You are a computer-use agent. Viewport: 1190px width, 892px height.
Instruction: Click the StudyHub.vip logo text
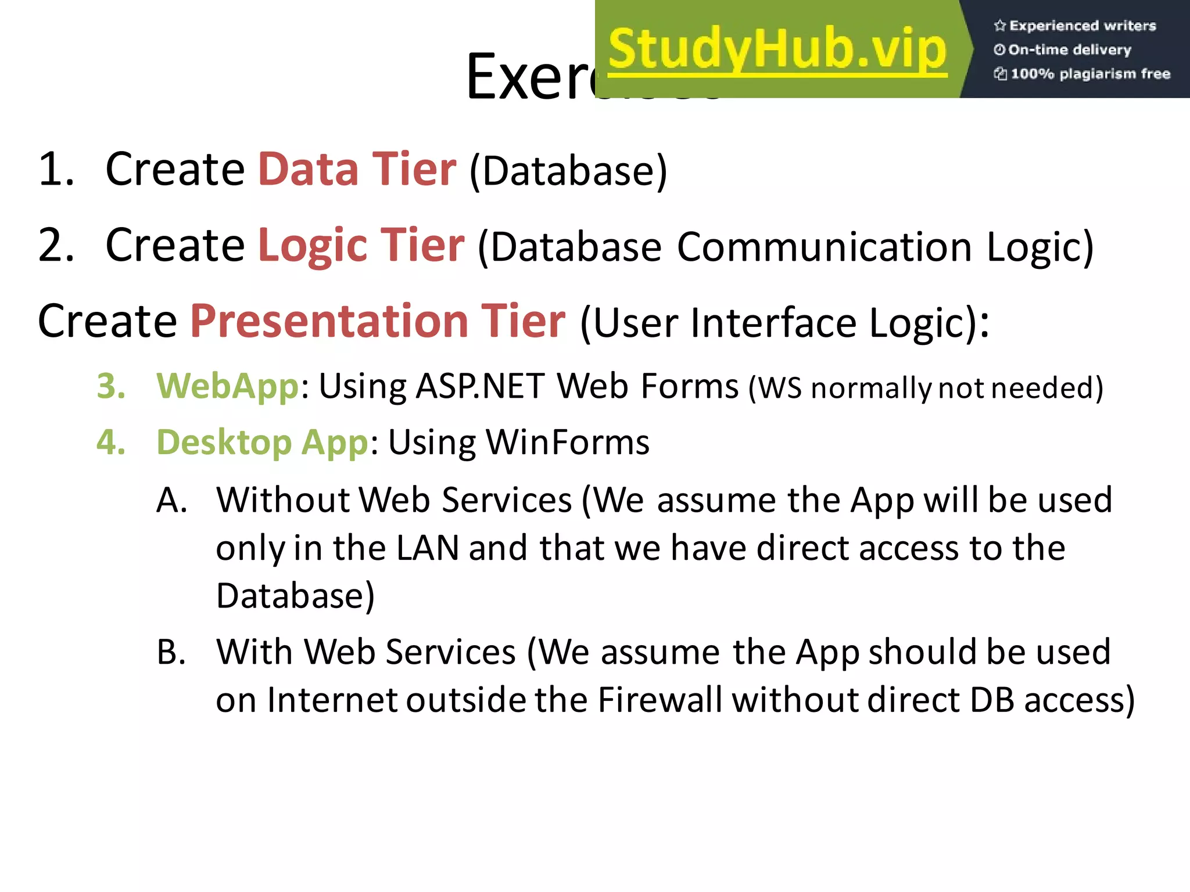777,50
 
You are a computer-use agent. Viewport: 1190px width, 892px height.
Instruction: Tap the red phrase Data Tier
357,169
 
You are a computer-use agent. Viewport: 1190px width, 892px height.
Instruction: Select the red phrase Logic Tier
361,245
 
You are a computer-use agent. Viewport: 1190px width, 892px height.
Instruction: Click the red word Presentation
329,321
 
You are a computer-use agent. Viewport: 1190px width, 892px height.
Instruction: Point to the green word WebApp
227,386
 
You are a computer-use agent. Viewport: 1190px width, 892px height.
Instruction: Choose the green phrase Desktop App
262,443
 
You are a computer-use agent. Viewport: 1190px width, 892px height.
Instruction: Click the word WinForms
567,443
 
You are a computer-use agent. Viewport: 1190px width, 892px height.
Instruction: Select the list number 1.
55,170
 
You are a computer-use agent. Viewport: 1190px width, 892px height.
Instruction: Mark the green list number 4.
110,443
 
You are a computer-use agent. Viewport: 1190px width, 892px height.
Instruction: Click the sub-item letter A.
171,500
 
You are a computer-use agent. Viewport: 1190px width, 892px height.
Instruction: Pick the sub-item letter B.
171,652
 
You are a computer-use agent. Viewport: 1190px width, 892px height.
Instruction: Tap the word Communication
825,247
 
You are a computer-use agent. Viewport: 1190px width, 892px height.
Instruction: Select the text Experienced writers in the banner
1082,26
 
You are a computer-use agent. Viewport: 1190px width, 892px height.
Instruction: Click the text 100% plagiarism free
1089,74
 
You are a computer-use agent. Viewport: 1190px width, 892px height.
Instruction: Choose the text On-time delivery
1069,50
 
